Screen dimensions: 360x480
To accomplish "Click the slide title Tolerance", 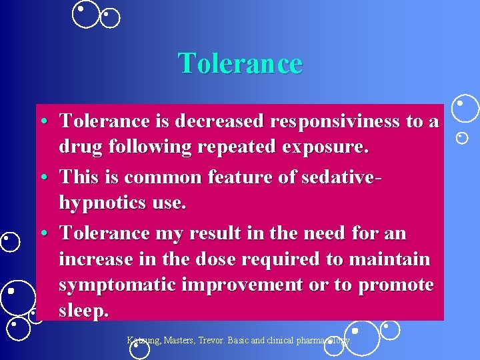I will (x=240, y=63).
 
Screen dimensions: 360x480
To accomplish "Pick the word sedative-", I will (x=328, y=177).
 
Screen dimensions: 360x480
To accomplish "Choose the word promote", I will (x=395, y=285).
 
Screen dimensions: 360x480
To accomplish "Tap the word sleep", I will (x=83, y=311).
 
